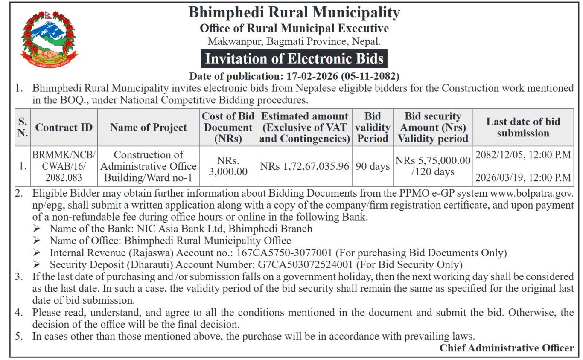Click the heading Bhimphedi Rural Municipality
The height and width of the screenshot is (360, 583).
pos(294,13)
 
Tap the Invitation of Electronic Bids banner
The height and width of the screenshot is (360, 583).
pos(294,58)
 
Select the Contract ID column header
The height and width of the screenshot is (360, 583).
pos(64,128)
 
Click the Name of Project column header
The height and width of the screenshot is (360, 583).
pos(148,128)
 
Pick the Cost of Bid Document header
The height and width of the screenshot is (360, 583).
pos(228,128)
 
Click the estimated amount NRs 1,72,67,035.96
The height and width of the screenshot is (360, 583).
pos(304,166)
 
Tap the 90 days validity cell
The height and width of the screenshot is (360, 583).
pos(373,166)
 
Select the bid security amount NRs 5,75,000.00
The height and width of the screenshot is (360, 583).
pos(433,161)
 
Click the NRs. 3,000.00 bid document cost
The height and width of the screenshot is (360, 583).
pos(228,166)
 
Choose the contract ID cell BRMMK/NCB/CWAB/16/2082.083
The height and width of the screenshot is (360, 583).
pos(64,166)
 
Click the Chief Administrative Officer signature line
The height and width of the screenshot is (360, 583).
pos(507,348)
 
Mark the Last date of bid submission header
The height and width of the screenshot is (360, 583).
pos(523,128)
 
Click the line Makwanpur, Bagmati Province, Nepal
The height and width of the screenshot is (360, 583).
pos(294,42)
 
